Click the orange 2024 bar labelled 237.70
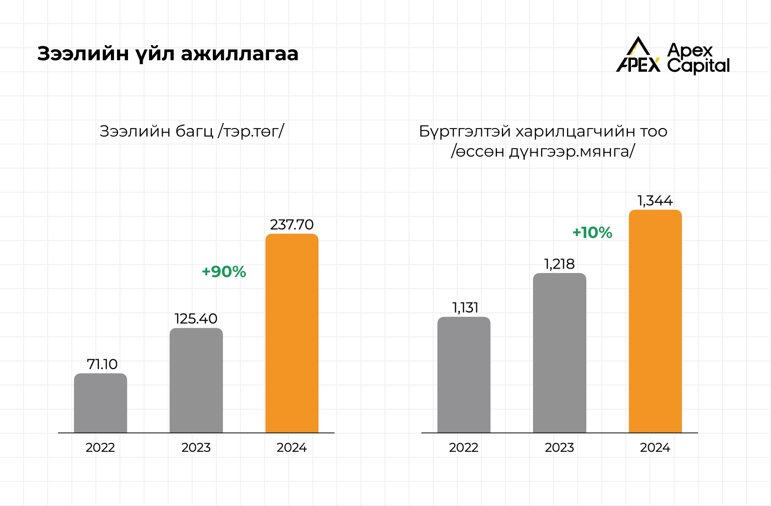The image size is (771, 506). (292, 333)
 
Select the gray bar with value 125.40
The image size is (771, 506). (196, 380)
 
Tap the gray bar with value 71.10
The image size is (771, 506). (100, 403)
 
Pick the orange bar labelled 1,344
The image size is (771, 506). (655, 321)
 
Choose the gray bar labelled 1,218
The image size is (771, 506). (559, 353)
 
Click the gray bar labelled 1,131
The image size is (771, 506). (464, 374)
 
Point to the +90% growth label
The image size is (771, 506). (224, 272)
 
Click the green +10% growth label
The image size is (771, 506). (592, 232)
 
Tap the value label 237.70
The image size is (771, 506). (292, 224)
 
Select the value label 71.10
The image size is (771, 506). (102, 364)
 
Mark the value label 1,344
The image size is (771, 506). (655, 201)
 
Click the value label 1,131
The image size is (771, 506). (465, 307)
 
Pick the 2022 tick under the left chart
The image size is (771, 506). (100, 447)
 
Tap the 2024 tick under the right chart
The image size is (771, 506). (655, 447)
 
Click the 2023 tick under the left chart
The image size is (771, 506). (196, 447)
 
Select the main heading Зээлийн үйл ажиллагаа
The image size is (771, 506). (168, 54)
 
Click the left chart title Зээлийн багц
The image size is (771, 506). (192, 131)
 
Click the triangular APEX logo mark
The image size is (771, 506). (637, 55)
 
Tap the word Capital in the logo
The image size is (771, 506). (698, 66)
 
